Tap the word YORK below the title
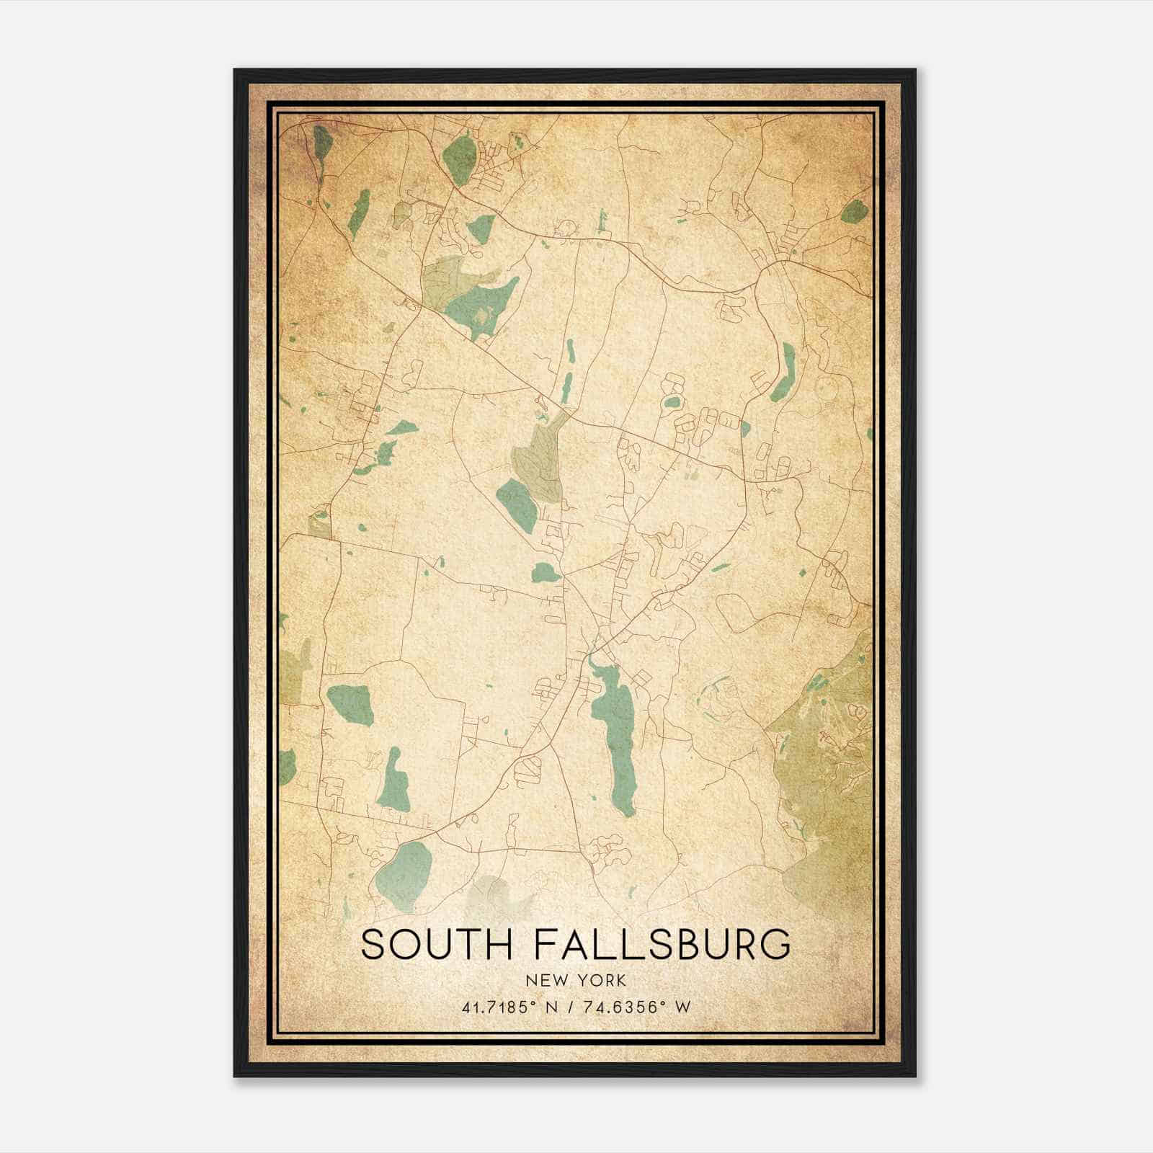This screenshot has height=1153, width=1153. [602, 980]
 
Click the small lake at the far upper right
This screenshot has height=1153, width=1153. [853, 211]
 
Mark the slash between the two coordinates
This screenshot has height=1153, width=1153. [569, 1007]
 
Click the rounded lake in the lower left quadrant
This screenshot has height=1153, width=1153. [351, 703]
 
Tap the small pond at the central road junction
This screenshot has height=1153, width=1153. [545, 573]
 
